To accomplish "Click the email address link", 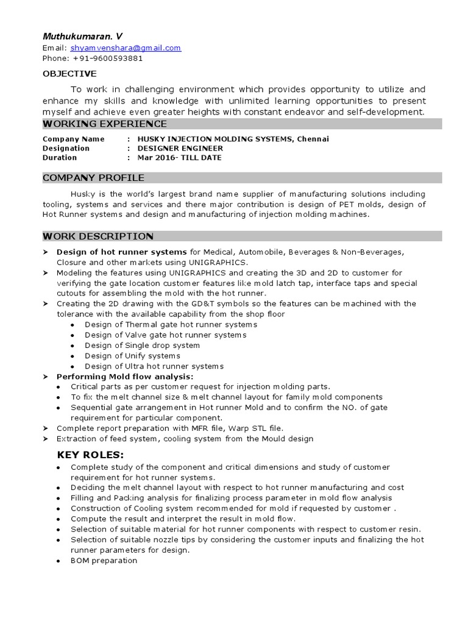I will [126, 48].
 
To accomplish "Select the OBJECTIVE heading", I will [69, 74].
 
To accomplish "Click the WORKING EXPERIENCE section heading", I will [96, 124].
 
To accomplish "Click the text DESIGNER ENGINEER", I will [180, 148].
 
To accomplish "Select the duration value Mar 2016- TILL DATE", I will [179, 157].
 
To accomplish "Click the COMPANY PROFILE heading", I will [93, 178].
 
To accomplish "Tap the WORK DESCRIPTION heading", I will [97, 236].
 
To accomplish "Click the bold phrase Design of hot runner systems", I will [122, 252].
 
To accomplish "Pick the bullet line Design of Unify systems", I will [132, 356].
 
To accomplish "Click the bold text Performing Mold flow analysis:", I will [125, 377].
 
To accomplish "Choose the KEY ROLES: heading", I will [90, 455].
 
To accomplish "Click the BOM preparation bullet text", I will [104, 561].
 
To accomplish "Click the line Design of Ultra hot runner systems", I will [154, 366].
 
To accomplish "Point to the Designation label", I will [66, 148].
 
